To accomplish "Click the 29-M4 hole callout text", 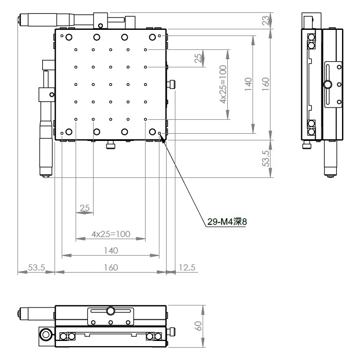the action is coord(227,222).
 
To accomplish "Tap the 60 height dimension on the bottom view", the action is coord(198,326).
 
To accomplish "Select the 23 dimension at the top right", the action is coord(265,21).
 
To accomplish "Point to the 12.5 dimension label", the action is coord(187,267).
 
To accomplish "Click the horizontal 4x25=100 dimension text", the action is coord(111,234).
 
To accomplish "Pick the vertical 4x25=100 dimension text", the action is coord(223,84).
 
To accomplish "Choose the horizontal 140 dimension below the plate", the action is coord(111,250).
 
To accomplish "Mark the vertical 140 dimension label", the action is coord(248,84).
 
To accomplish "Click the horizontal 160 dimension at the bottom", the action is coord(111,267).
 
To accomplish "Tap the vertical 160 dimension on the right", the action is coord(265,84).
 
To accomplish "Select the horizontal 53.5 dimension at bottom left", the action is coord(37,267).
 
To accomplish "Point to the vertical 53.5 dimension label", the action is coord(265,158).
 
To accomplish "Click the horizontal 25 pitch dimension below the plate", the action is coord(84,208).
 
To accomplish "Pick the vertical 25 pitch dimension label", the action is coord(198,58).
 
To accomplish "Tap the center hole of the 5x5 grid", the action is coord(111,84).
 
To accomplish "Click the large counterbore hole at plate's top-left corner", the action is coord(69,37).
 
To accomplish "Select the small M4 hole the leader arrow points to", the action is coord(159,133).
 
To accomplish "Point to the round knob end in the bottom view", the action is coord(46,334).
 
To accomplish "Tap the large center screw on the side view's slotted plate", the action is coord(328,84).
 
